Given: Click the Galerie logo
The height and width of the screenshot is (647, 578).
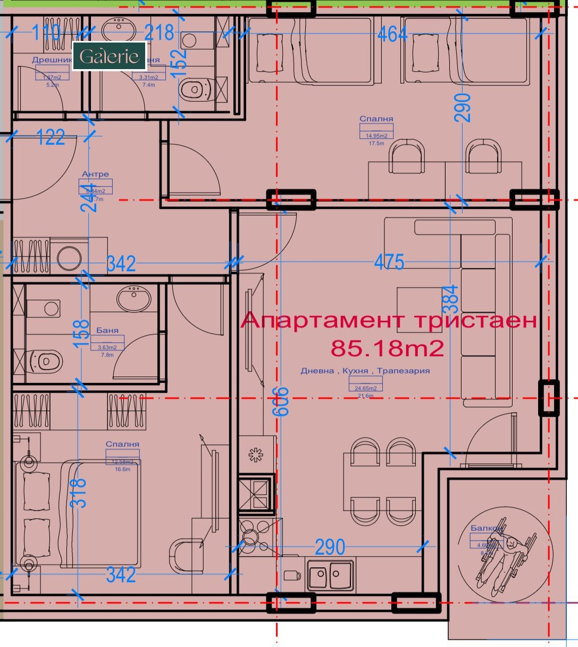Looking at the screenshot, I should point(109,56).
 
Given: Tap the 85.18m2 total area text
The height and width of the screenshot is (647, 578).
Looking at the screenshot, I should point(387,348).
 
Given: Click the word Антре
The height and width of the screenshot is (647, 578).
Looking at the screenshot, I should point(95,174).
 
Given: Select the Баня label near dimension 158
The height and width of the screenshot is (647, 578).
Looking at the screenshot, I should point(107,330).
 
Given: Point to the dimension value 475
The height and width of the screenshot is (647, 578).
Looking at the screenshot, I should point(389,262).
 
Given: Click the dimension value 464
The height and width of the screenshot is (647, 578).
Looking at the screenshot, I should point(392,34).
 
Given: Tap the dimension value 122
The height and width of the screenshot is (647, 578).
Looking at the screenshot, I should point(51,138).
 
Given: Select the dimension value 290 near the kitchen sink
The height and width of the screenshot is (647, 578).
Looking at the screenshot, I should point(330,547).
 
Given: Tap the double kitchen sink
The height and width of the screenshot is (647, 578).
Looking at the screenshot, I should point(328,575).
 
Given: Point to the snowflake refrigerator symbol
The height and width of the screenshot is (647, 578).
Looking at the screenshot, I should point(256,455).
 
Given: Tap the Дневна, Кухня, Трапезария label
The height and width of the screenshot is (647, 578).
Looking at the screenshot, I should point(365,371).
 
